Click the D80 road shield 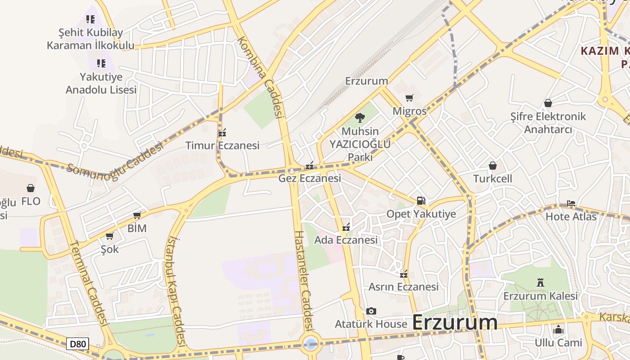(77, 344)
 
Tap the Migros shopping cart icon (409, 98)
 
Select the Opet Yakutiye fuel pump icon (421, 201)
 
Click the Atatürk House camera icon (371, 311)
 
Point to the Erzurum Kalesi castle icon (540, 283)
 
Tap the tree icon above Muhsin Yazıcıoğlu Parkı (360, 118)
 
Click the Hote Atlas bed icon (571, 203)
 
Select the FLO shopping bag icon (31, 188)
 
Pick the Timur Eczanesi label (222, 145)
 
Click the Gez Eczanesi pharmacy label (310, 178)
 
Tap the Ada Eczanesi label (346, 240)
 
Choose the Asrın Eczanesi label (403, 287)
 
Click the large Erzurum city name (454, 322)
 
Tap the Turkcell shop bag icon (493, 166)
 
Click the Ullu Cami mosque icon (558, 329)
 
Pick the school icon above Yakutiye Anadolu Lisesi (101, 63)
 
